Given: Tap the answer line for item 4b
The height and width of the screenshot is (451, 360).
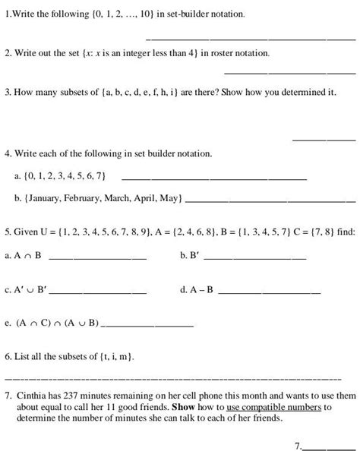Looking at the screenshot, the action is (270, 202).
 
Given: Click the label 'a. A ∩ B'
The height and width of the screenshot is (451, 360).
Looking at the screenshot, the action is (23, 256).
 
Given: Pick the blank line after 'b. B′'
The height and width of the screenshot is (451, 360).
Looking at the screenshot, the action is (255, 259).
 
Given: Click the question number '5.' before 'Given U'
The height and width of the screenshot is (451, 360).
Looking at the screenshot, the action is (8, 230).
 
